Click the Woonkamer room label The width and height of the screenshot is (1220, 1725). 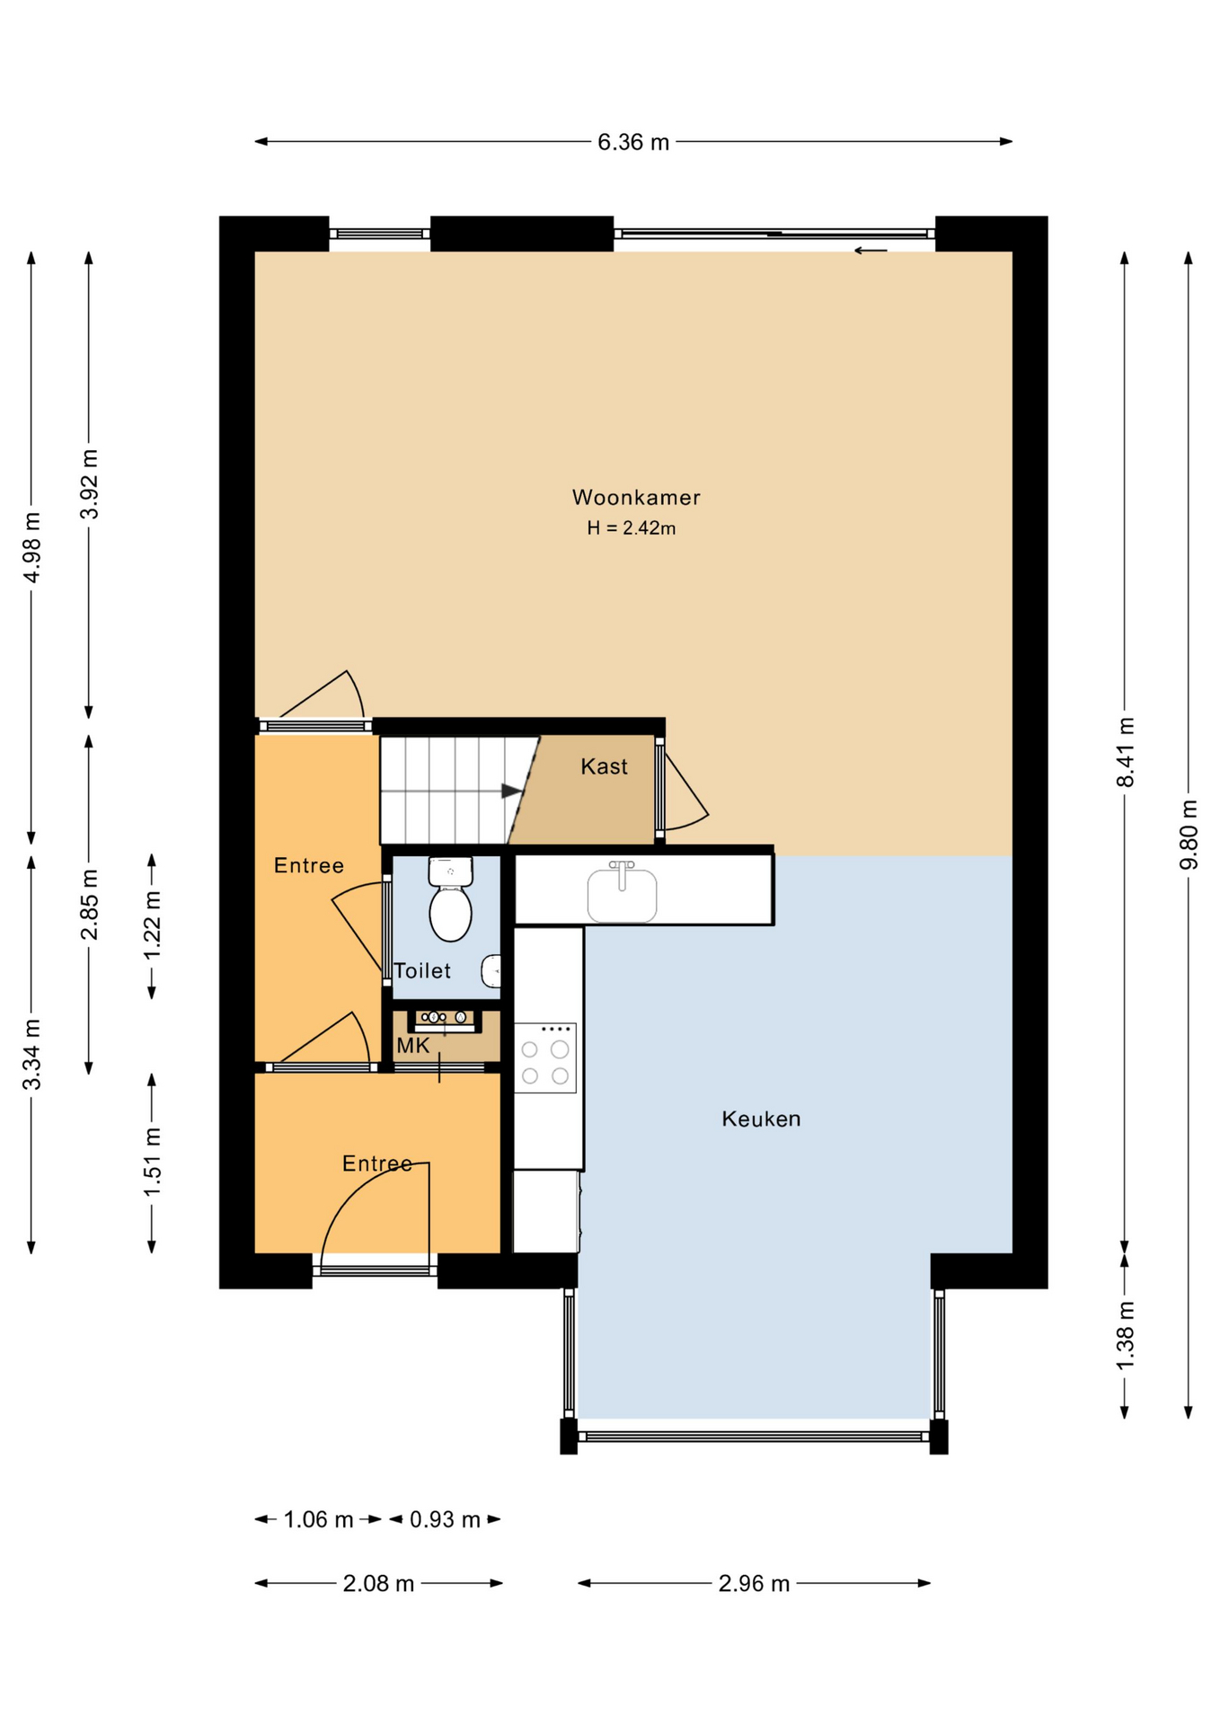(x=635, y=497)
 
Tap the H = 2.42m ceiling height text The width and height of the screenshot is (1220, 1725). (x=631, y=528)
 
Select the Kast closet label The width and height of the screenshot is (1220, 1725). (x=604, y=766)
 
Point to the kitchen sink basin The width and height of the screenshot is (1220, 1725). (x=622, y=896)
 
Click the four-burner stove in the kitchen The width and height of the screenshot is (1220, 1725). (x=544, y=1057)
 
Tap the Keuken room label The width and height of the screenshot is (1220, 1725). (x=761, y=1119)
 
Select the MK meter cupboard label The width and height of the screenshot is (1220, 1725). (x=413, y=1045)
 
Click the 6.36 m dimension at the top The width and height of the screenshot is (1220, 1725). (x=633, y=142)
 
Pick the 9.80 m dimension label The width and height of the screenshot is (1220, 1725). (x=1189, y=835)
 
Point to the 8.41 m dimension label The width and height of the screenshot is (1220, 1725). (x=1125, y=753)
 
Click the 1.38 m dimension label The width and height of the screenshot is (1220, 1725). (x=1125, y=1336)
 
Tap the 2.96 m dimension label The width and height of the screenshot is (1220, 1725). (x=754, y=1583)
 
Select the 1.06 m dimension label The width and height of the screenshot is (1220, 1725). (x=318, y=1519)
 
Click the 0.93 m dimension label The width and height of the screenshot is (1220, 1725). (x=445, y=1519)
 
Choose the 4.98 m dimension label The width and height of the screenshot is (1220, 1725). (x=31, y=547)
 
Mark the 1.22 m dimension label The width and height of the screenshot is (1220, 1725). (x=152, y=926)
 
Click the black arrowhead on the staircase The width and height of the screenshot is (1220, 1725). (x=511, y=791)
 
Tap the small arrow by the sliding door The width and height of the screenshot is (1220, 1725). (x=870, y=251)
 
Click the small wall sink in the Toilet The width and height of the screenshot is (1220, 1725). (x=491, y=971)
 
